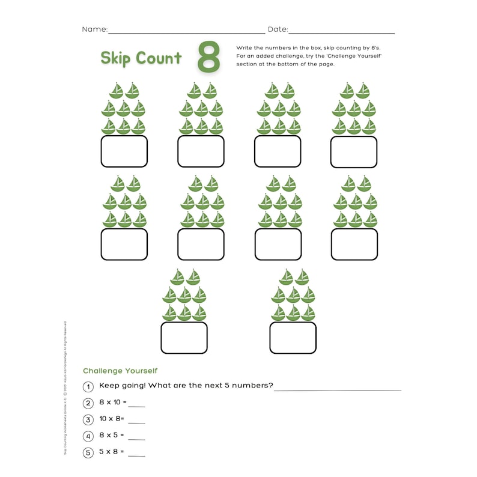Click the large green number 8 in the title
(208, 58)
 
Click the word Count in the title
(159, 58)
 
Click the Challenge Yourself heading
(120, 371)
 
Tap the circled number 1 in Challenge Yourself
(88, 386)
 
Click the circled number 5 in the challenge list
(88, 452)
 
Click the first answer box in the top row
(124, 151)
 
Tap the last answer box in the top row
(354, 151)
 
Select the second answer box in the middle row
(201, 244)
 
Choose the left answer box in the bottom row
(184, 338)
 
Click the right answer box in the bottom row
(293, 338)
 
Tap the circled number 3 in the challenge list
(88, 419)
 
